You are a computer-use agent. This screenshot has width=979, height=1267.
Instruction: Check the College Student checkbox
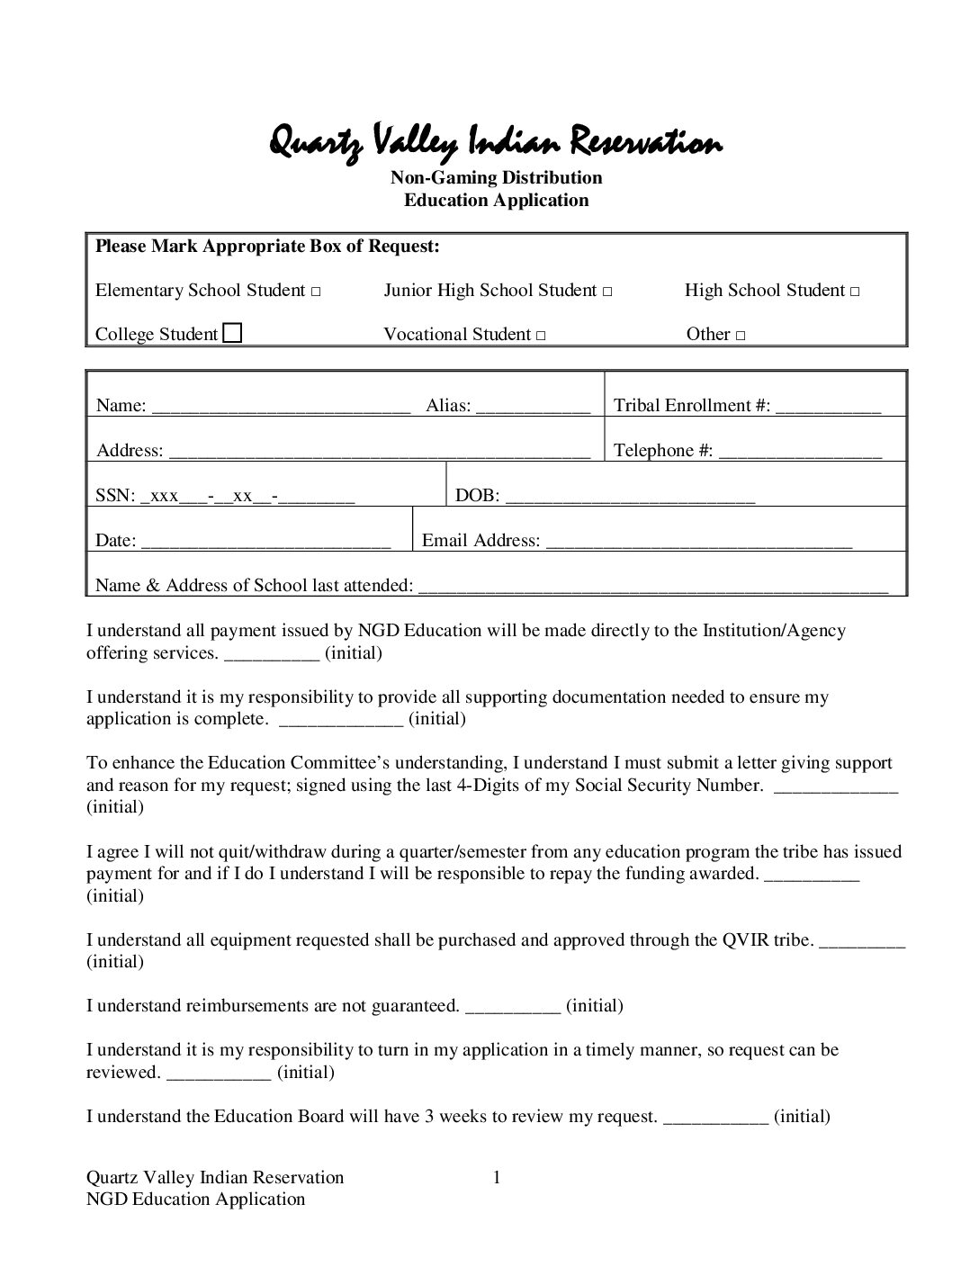(x=232, y=334)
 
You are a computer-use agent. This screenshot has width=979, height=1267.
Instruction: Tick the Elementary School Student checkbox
(x=316, y=292)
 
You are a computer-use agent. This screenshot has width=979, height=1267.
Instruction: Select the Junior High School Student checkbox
(x=607, y=292)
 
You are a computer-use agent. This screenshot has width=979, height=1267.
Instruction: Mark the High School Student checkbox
(x=855, y=292)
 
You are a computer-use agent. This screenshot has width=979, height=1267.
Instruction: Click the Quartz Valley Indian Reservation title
(x=496, y=142)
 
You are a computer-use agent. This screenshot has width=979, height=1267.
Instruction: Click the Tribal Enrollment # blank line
(x=828, y=408)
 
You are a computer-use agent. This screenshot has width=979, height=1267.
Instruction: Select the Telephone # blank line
(x=800, y=453)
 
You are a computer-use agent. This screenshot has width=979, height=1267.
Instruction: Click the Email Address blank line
(x=698, y=543)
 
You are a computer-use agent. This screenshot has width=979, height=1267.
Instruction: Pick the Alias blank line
(x=533, y=408)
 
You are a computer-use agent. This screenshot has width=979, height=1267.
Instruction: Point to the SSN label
(x=115, y=496)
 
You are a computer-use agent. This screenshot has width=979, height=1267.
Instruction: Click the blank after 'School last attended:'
(x=653, y=588)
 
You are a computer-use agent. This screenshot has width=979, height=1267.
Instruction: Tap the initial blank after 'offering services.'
(x=271, y=655)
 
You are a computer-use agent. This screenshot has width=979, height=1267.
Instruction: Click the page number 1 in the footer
(x=496, y=1177)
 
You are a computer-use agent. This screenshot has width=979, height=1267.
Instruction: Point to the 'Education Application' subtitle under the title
(x=496, y=200)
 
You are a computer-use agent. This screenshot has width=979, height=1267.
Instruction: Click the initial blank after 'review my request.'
(x=715, y=1119)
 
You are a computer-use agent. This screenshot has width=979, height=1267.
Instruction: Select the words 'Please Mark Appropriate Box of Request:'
(x=267, y=246)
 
